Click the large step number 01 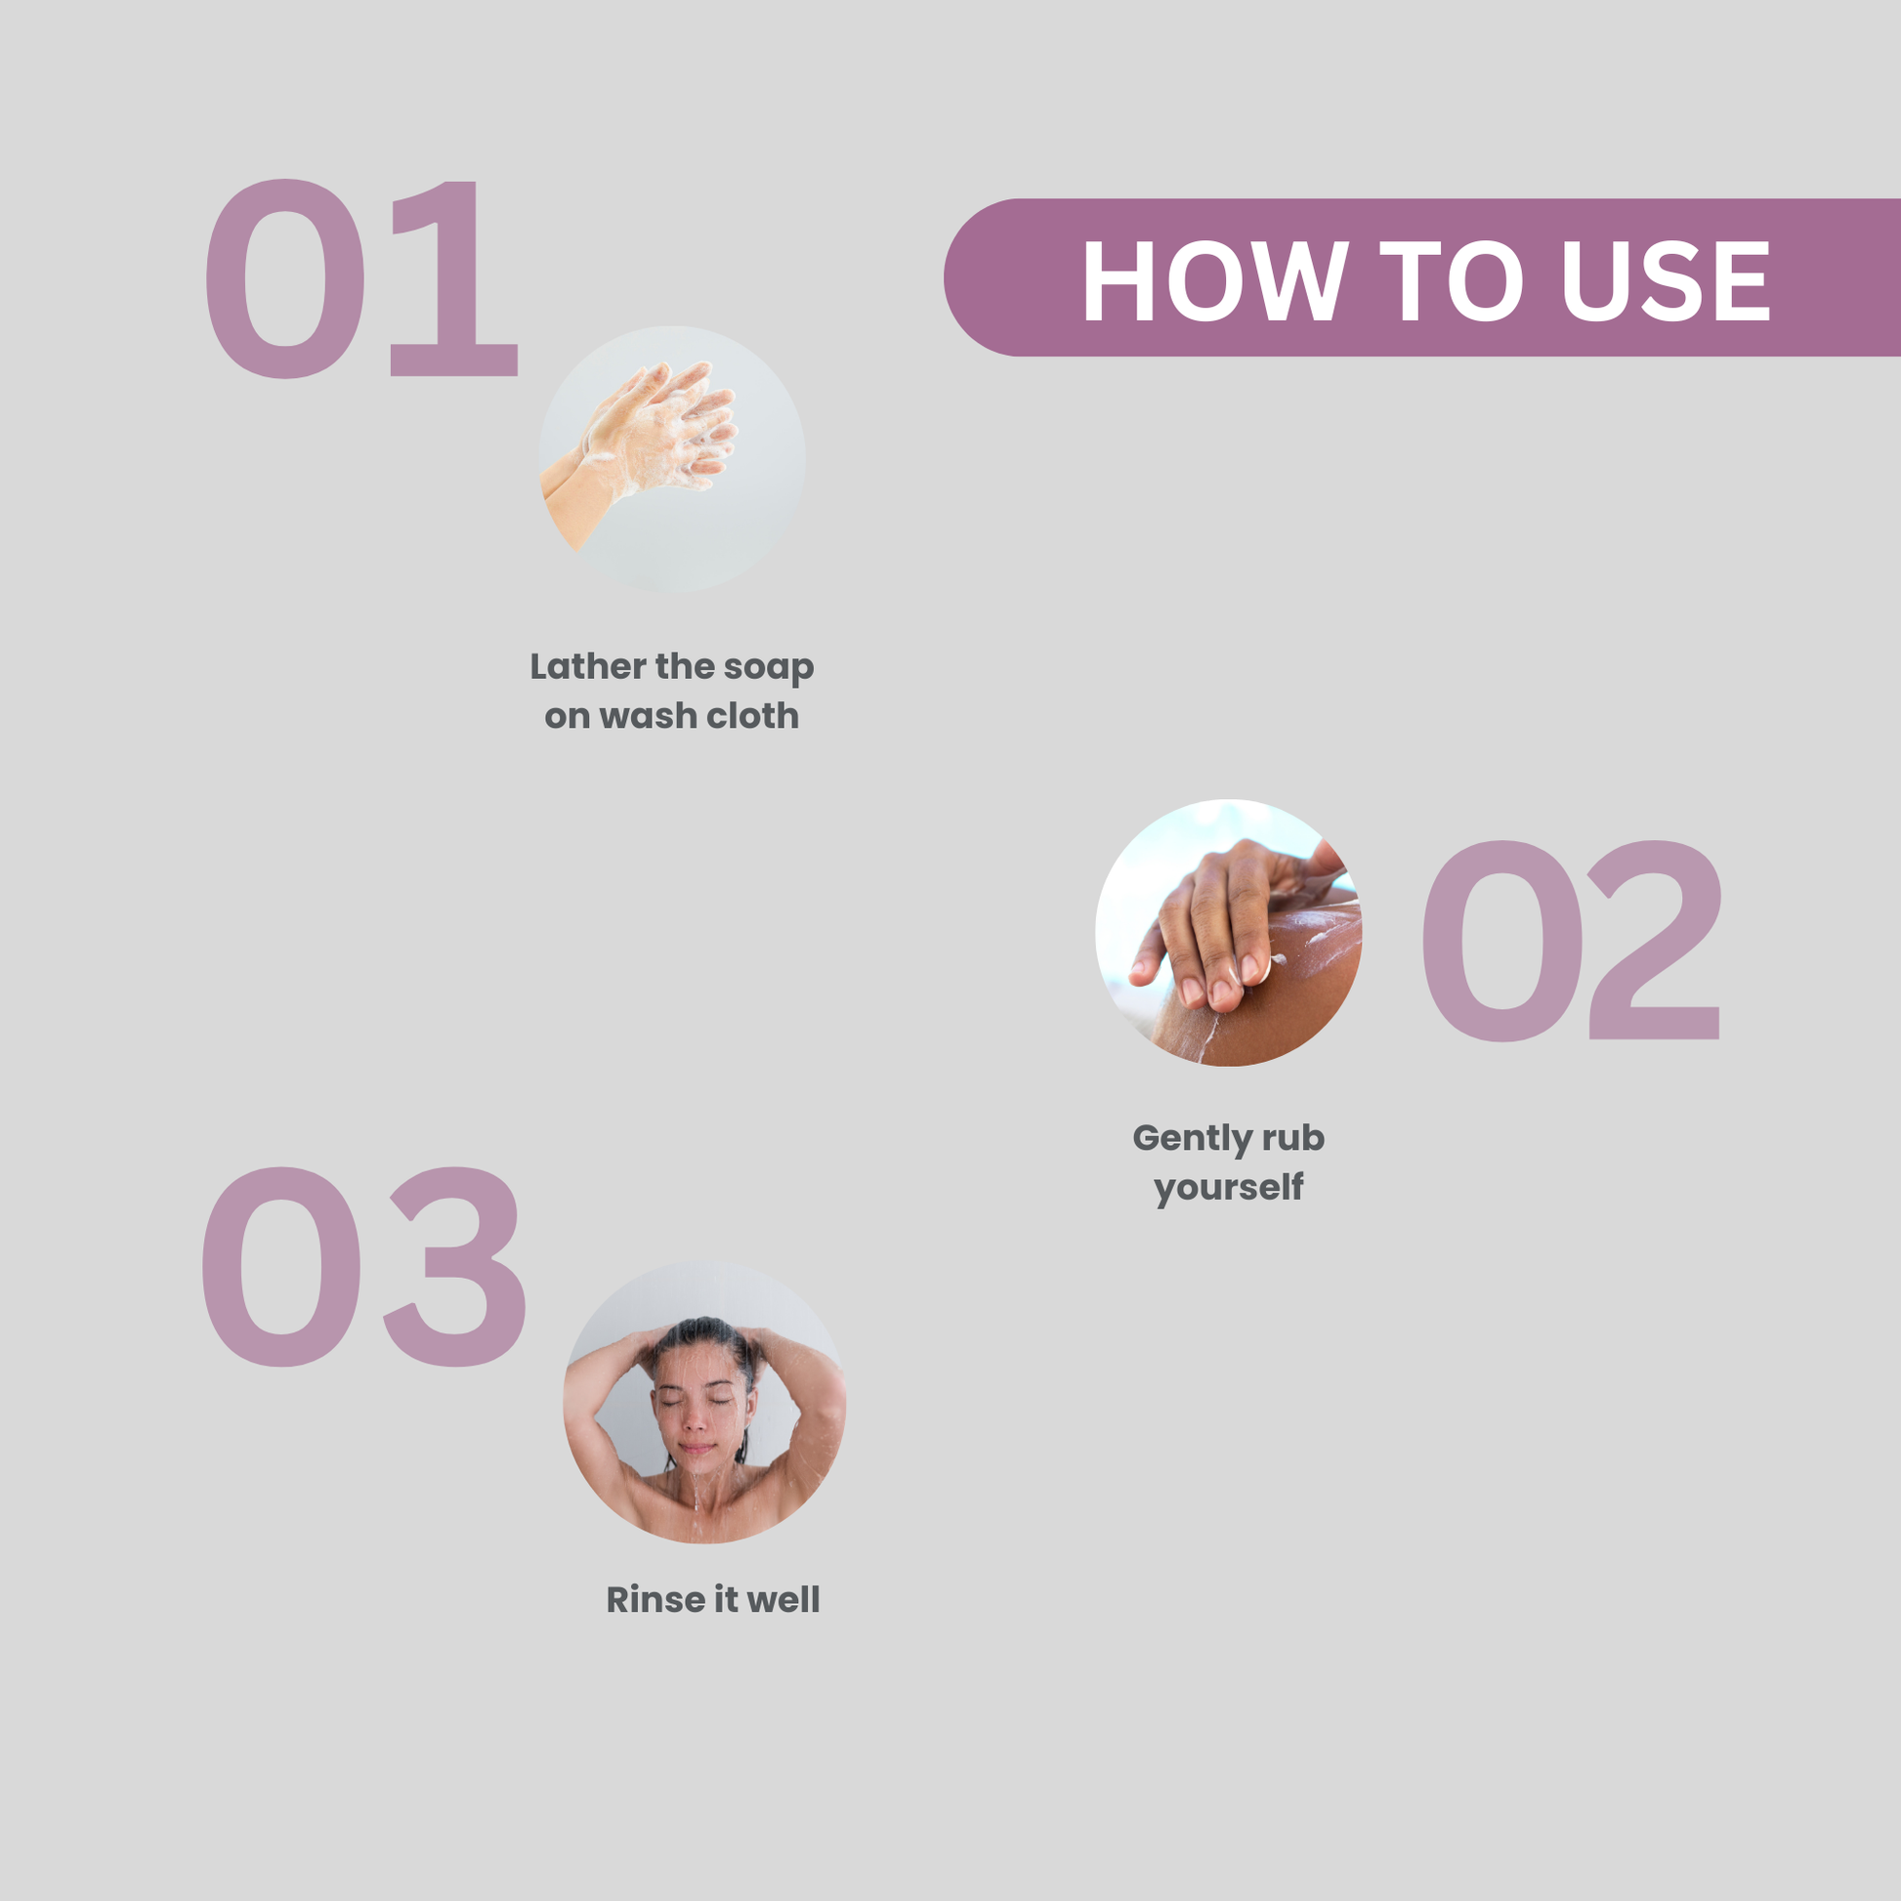[x=360, y=278]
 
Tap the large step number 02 [x=1571, y=941]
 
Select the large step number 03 [x=363, y=1266]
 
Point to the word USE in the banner [x=1665, y=281]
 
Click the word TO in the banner [x=1452, y=281]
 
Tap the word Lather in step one [x=588, y=666]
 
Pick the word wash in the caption [x=648, y=715]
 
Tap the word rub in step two [x=1294, y=1137]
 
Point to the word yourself [x=1229, y=1188]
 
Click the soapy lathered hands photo [x=671, y=458]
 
